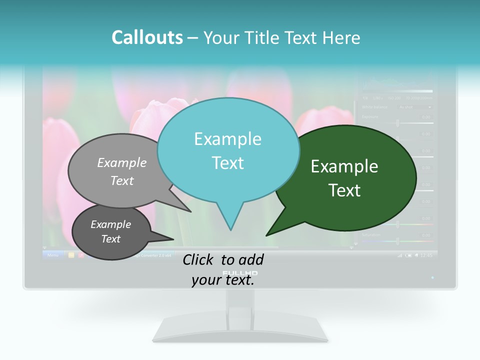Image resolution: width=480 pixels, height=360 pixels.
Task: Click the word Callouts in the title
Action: [x=147, y=37]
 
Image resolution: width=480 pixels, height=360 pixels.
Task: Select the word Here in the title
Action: [x=342, y=37]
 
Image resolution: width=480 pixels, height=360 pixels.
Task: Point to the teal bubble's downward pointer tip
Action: [x=230, y=229]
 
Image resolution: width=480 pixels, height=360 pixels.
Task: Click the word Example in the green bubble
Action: [x=344, y=166]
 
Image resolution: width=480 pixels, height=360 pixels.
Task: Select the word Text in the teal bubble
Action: [x=228, y=163]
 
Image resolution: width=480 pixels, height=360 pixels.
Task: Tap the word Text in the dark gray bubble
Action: [x=110, y=239]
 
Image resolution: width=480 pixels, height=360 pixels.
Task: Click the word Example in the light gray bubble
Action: [x=122, y=162]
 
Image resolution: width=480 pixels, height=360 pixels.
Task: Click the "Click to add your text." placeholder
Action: [x=223, y=269]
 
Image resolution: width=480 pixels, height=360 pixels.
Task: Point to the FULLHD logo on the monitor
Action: [x=240, y=273]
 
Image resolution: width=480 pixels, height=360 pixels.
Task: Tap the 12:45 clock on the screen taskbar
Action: [x=426, y=255]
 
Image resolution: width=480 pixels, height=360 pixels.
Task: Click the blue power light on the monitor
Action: [x=432, y=277]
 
